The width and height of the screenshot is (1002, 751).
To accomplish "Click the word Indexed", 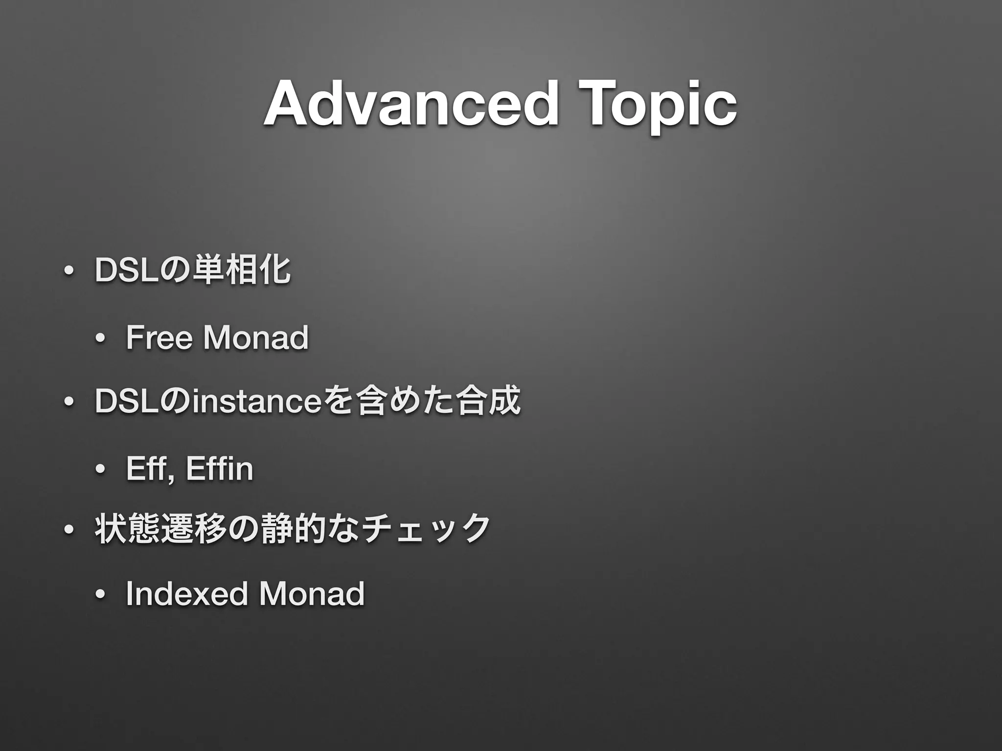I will pyautogui.click(x=186, y=594).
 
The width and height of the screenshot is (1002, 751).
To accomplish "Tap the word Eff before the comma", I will pyautogui.click(x=147, y=468).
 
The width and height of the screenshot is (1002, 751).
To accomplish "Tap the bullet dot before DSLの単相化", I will pyautogui.click(x=69, y=271).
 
